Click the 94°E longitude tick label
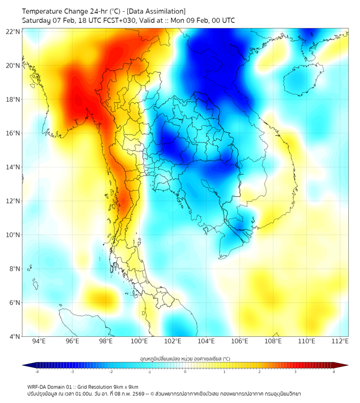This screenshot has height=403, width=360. coord(39,342)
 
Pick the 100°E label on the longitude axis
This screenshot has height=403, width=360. coord(139,342)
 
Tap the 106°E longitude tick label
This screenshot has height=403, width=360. coord(240,342)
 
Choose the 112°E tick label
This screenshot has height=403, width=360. coord(340,342)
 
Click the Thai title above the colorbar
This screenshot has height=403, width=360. coord(185,359)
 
